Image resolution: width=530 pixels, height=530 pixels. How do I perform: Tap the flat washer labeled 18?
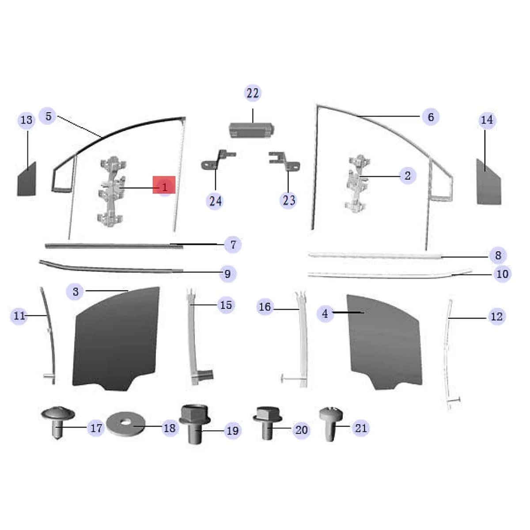click(x=125, y=424)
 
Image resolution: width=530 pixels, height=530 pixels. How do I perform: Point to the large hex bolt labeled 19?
click(x=194, y=424)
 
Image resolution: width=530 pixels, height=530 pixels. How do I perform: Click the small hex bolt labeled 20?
click(x=267, y=422)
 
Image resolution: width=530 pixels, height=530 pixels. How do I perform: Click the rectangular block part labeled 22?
click(x=252, y=130)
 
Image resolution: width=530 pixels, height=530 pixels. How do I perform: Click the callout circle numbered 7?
click(x=233, y=244)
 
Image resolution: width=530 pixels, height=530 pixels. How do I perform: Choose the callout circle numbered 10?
click(x=502, y=274)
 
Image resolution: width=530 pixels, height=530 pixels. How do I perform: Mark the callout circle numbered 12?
click(x=496, y=316)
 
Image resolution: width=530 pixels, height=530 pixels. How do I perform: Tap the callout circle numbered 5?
click(x=48, y=117)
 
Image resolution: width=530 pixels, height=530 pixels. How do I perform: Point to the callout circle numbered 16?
click(x=265, y=307)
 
